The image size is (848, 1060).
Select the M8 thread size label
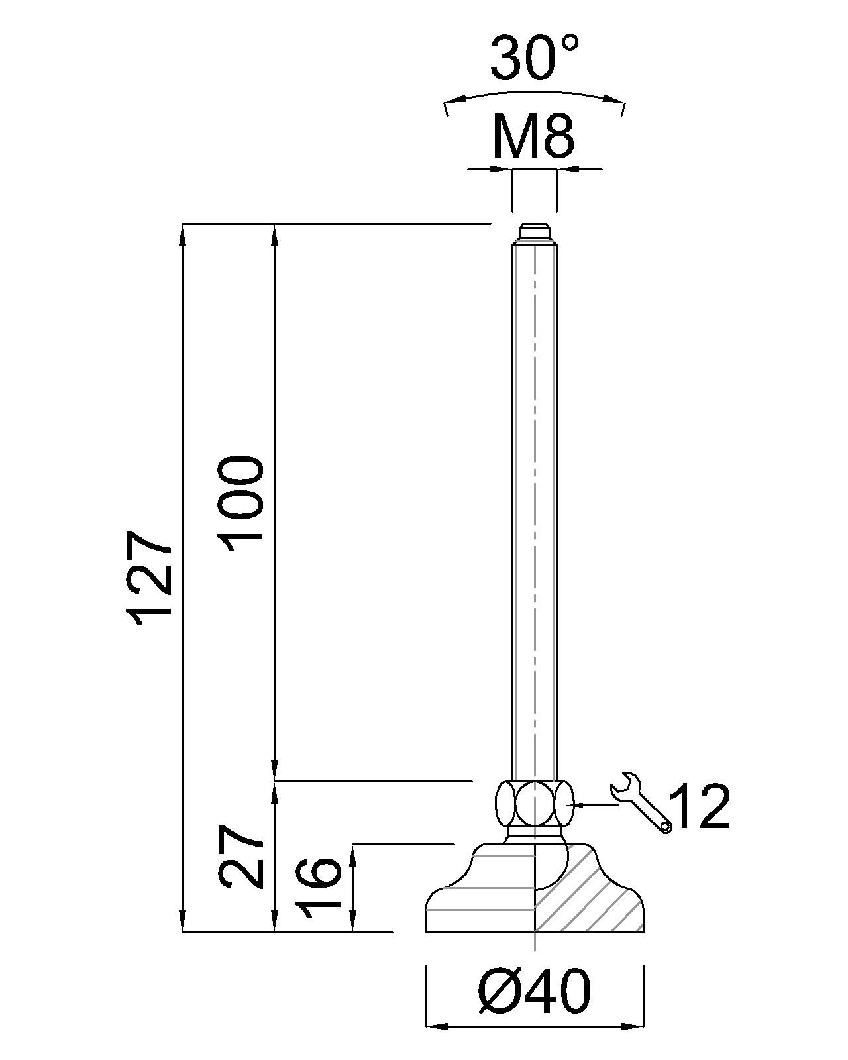click(533, 137)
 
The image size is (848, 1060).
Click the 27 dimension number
click(242, 856)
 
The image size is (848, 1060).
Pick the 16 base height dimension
click(319, 888)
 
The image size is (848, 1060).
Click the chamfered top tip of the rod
click(534, 232)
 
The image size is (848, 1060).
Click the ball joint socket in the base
click(550, 861)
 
